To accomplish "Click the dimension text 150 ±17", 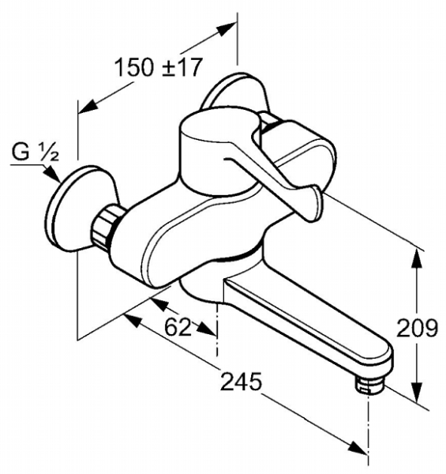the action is [x=158, y=67].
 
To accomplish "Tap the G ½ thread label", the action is [x=36, y=152].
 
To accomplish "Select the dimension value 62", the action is [x=178, y=327].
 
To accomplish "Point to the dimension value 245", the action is [x=241, y=382].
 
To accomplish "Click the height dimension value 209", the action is [x=417, y=328].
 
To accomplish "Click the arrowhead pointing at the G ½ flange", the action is [x=53, y=175].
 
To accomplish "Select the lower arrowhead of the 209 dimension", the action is [x=417, y=393].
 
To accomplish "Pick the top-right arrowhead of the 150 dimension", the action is [x=226, y=28].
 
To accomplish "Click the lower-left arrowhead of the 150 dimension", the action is [x=88, y=107].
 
